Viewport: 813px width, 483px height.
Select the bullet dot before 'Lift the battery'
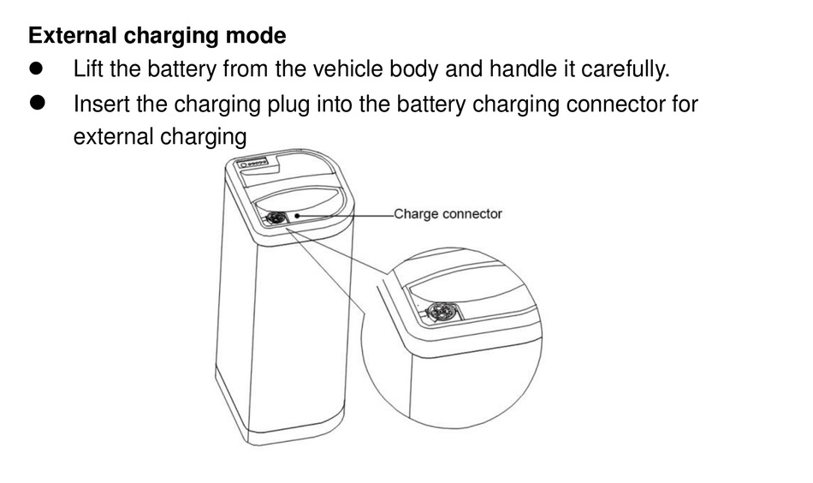tap(38, 69)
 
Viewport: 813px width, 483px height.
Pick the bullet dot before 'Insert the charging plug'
tap(38, 104)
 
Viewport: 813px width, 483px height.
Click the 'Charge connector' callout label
tap(448, 214)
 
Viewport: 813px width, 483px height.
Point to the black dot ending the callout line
tap(297, 216)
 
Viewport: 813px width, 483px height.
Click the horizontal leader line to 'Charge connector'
tap(347, 215)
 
